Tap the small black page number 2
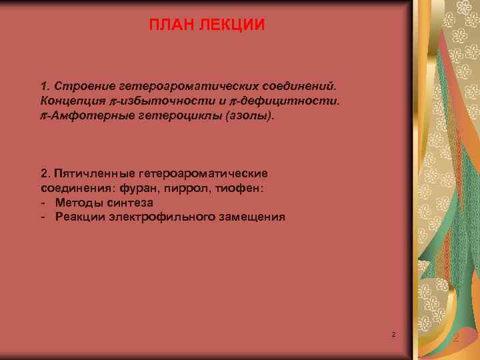click(394, 333)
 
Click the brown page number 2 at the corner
click(455, 340)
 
